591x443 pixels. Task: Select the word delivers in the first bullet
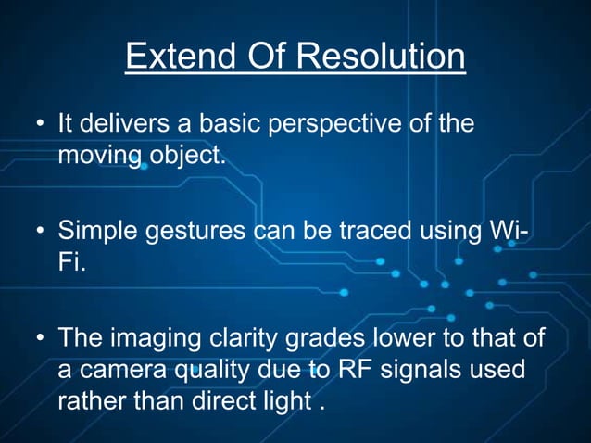point(122,123)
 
